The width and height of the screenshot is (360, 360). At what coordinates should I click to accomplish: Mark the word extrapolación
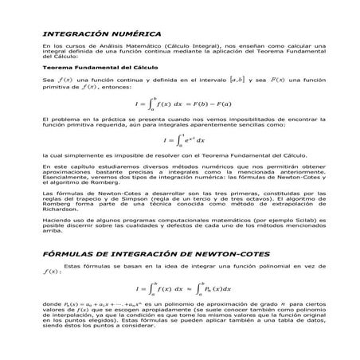(x=280, y=203)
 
